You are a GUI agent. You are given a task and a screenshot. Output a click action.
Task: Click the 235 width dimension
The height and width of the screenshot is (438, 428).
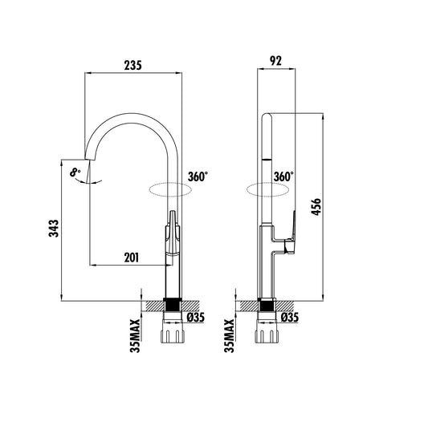[x=132, y=66]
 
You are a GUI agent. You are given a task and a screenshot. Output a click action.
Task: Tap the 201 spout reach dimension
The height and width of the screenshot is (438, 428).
[x=132, y=258]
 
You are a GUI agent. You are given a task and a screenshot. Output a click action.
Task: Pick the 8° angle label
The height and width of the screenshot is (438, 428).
[x=75, y=172]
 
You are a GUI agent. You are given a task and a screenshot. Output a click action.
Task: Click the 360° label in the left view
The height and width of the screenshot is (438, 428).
[x=198, y=176]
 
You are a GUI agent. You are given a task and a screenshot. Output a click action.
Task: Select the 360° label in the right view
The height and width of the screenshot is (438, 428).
[x=283, y=176]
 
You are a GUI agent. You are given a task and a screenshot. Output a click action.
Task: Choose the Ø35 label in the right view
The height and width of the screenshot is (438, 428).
[x=290, y=318]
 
